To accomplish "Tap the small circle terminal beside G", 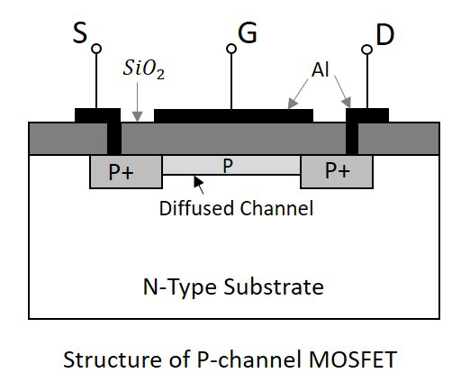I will tap(231, 50).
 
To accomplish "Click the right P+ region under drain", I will tap(337, 171).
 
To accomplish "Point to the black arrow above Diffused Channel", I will tap(199, 183).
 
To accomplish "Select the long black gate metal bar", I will tap(234, 115).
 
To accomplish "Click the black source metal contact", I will tap(97, 115).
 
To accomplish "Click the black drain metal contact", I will tap(367, 115).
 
